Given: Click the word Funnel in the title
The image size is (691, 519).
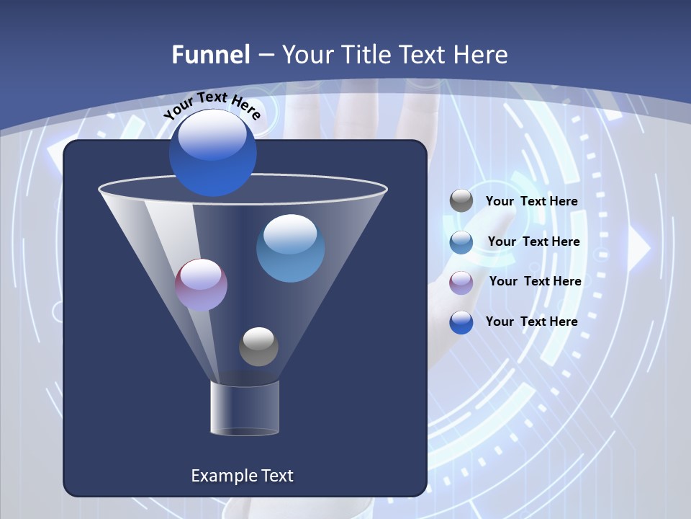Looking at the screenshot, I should coord(211,55).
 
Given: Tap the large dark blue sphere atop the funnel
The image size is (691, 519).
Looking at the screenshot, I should coord(212,152).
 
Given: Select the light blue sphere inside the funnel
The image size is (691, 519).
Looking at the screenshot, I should coord(290,248).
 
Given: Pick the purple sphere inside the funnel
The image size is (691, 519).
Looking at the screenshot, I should coord(201,285).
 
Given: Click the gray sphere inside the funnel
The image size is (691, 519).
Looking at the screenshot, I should coord(258,347).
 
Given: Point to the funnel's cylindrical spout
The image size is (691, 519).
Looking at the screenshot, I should coord(244,409).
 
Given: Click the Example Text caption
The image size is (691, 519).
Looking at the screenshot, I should coord(242,476).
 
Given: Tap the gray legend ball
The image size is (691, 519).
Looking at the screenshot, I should coord(461,201).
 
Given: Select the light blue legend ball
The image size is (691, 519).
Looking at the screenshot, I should coord(461,242).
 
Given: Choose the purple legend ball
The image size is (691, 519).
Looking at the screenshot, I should coord(461,282).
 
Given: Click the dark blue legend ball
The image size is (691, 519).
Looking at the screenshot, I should coord(461,321).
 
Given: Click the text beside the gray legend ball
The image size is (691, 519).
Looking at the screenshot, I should coord(531,202).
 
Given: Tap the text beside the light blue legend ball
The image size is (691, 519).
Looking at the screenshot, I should coord(533,242).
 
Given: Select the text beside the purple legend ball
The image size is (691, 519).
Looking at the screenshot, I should coord(535,281).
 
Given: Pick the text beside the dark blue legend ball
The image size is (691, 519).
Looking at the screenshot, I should coord(531,321).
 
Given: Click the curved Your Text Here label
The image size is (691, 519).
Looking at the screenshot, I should coord(212,105).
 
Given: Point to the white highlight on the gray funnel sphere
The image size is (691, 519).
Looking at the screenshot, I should coord(258,337).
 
